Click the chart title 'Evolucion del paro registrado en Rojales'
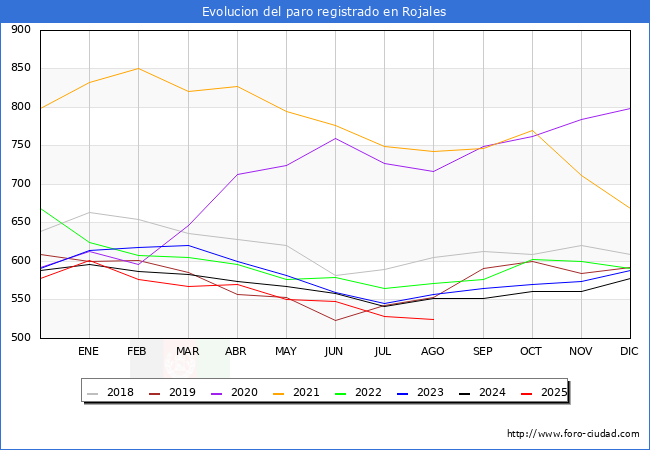[x=324, y=12]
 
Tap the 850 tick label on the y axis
[x=19, y=69]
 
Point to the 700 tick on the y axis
[x=19, y=184]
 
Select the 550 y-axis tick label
[x=19, y=299]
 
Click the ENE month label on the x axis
[x=88, y=352]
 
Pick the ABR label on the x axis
[x=236, y=352]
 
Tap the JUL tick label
[x=383, y=352]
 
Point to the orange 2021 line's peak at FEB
[x=138, y=68]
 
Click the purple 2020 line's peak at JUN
[x=335, y=138]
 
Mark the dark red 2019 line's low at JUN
[x=335, y=321]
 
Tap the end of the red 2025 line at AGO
[x=433, y=320]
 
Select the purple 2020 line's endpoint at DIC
[x=630, y=108]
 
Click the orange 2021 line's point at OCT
[x=532, y=131]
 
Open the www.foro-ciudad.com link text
[x=573, y=434]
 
